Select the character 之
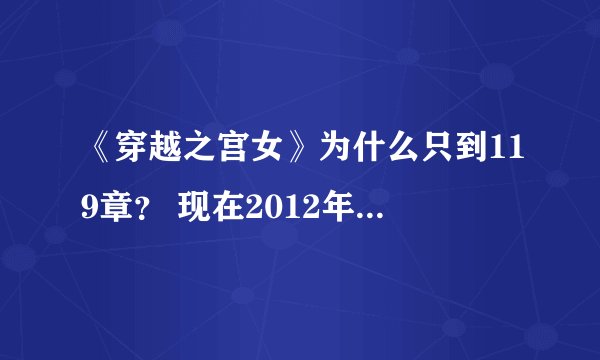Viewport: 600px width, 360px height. tap(191, 155)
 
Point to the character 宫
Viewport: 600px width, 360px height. tap(223, 155)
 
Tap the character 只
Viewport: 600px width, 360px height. tap(415, 155)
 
